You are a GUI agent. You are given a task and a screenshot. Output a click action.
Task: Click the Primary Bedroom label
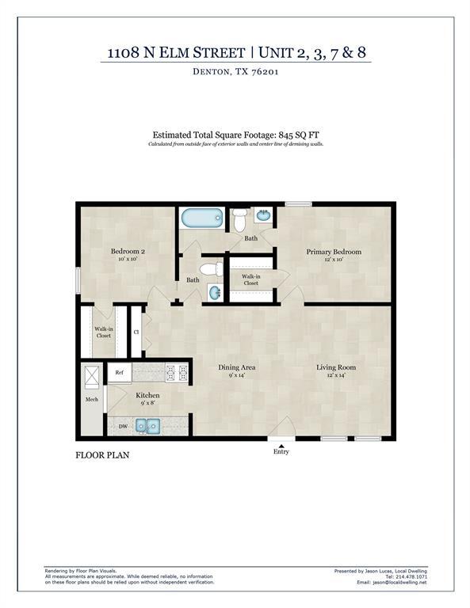click(334, 253)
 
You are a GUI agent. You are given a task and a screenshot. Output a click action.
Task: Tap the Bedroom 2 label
click(127, 252)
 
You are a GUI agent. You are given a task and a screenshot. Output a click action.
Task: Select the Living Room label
click(336, 367)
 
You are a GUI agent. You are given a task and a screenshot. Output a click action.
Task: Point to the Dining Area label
click(237, 367)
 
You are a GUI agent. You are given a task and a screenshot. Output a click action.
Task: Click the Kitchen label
click(148, 394)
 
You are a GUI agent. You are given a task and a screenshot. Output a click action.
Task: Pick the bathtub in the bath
click(202, 218)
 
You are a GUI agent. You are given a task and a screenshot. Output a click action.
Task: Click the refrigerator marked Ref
click(120, 372)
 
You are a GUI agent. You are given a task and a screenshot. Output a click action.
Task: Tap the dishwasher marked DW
click(123, 426)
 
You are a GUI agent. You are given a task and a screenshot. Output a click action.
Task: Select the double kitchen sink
click(147, 427)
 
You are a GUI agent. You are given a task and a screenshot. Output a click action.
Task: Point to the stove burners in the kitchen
click(177, 370)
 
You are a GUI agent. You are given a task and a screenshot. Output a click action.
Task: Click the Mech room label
click(92, 399)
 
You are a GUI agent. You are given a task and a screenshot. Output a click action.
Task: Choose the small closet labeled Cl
click(136, 332)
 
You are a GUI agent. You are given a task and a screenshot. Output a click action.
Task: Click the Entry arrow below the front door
click(281, 446)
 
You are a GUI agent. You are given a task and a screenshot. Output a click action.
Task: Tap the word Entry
click(281, 453)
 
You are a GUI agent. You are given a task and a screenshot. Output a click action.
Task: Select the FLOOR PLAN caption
click(102, 455)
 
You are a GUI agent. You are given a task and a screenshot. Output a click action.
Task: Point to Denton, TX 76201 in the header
click(236, 72)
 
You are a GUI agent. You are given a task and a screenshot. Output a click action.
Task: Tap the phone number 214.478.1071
click(409, 576)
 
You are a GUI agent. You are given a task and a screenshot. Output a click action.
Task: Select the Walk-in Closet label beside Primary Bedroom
click(250, 279)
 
